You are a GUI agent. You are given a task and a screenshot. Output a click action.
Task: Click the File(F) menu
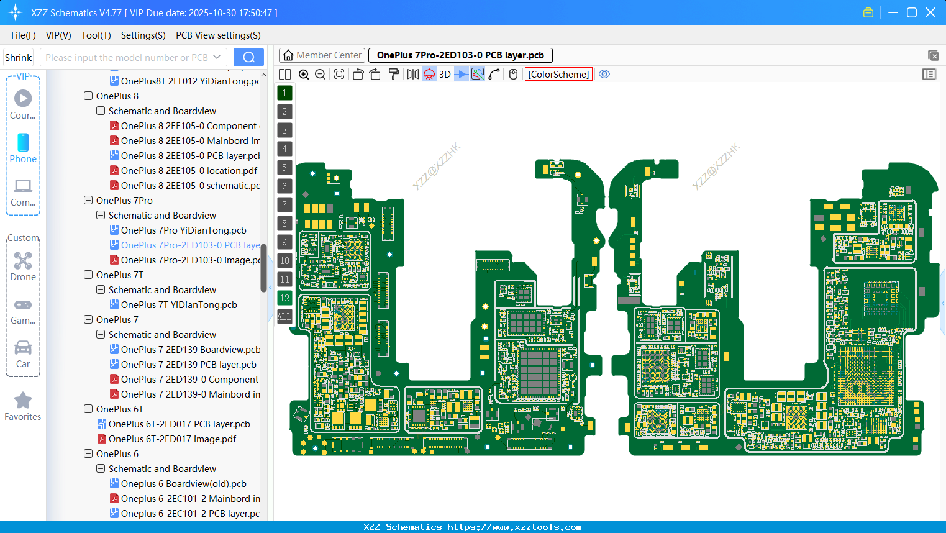coord(23,35)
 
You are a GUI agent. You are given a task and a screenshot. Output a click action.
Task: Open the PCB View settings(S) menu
coord(218,35)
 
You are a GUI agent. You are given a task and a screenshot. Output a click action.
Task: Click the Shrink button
coord(18,58)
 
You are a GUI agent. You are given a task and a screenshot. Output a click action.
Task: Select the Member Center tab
coord(322,55)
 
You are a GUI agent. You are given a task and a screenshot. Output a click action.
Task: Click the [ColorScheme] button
coord(558,75)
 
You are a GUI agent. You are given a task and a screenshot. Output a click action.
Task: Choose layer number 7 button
coord(284,205)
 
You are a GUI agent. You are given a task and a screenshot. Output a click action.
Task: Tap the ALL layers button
coord(284,317)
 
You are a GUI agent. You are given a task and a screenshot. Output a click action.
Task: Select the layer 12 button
coord(284,298)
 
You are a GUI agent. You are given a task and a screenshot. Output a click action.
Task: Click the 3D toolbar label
coord(445,75)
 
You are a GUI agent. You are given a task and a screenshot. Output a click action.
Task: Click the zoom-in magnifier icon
coord(304,75)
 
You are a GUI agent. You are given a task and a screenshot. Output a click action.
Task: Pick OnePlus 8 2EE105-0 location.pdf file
coord(189,171)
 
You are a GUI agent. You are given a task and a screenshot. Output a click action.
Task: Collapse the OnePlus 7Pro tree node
coord(88,201)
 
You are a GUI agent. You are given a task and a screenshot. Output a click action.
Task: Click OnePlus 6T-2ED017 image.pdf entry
coord(172,439)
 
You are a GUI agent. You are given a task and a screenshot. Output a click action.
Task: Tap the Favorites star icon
coord(23,401)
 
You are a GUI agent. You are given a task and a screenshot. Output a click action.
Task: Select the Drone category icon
coord(23,261)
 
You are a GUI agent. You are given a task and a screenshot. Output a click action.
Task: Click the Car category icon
coord(23,348)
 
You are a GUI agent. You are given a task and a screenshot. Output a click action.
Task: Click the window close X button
coord(930,12)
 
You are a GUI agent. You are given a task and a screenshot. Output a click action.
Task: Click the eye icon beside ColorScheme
coord(604,75)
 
